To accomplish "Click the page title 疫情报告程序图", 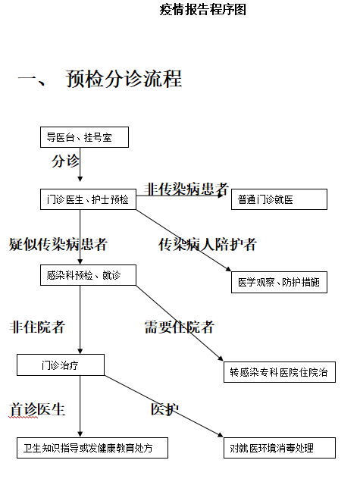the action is tap(203, 10).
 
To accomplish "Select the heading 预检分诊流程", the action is tap(124, 79).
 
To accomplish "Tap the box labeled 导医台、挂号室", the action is tap(85, 137).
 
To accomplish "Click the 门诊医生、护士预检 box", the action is tap(88, 199).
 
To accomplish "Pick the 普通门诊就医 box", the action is tap(279, 199).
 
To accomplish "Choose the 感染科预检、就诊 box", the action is tap(88, 275).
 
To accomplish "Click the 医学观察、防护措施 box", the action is tap(279, 282).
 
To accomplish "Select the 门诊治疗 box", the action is tap(61, 365).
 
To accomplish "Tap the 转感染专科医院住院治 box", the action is tap(280, 372).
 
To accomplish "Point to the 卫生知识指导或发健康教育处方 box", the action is tap(92, 448).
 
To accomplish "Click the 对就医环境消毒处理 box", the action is tap(280, 448).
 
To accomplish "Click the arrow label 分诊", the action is tap(65, 161).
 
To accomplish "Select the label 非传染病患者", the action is tap(186, 189).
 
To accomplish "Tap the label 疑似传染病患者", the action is tap(58, 244).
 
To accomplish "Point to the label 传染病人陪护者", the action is tap(208, 244).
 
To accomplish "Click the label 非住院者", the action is tap(37, 327).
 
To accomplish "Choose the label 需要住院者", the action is tap(179, 327).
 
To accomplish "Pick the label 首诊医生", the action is tap(37, 409).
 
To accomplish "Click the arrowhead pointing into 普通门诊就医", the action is tap(221, 196).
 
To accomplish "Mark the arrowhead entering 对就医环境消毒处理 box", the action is tap(221, 435).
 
